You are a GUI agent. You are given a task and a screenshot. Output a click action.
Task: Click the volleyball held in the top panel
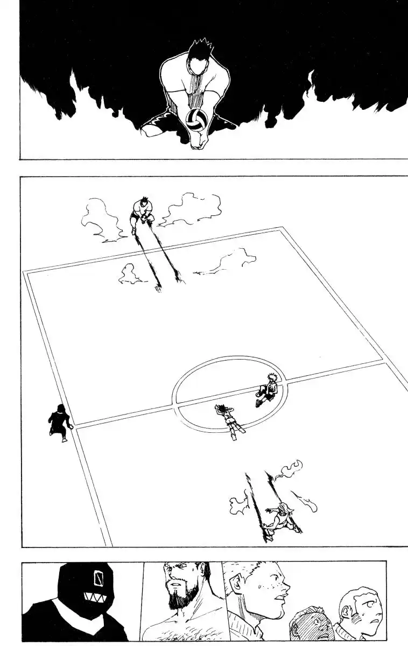[x=194, y=120]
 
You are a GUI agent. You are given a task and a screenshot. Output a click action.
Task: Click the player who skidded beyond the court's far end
[x=142, y=215]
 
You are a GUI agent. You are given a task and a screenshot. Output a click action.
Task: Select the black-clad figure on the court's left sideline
[x=58, y=422]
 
